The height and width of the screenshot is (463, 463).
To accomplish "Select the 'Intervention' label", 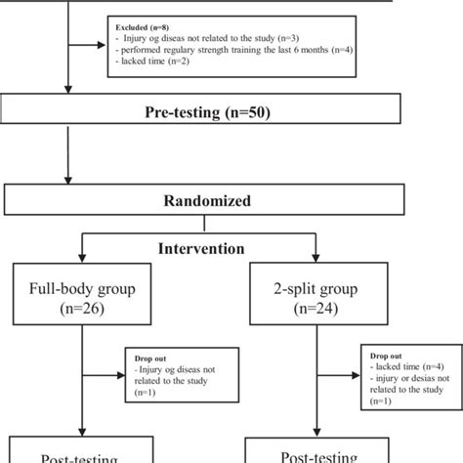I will [x=202, y=248].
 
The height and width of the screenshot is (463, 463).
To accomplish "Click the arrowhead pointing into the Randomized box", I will [x=66, y=181].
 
